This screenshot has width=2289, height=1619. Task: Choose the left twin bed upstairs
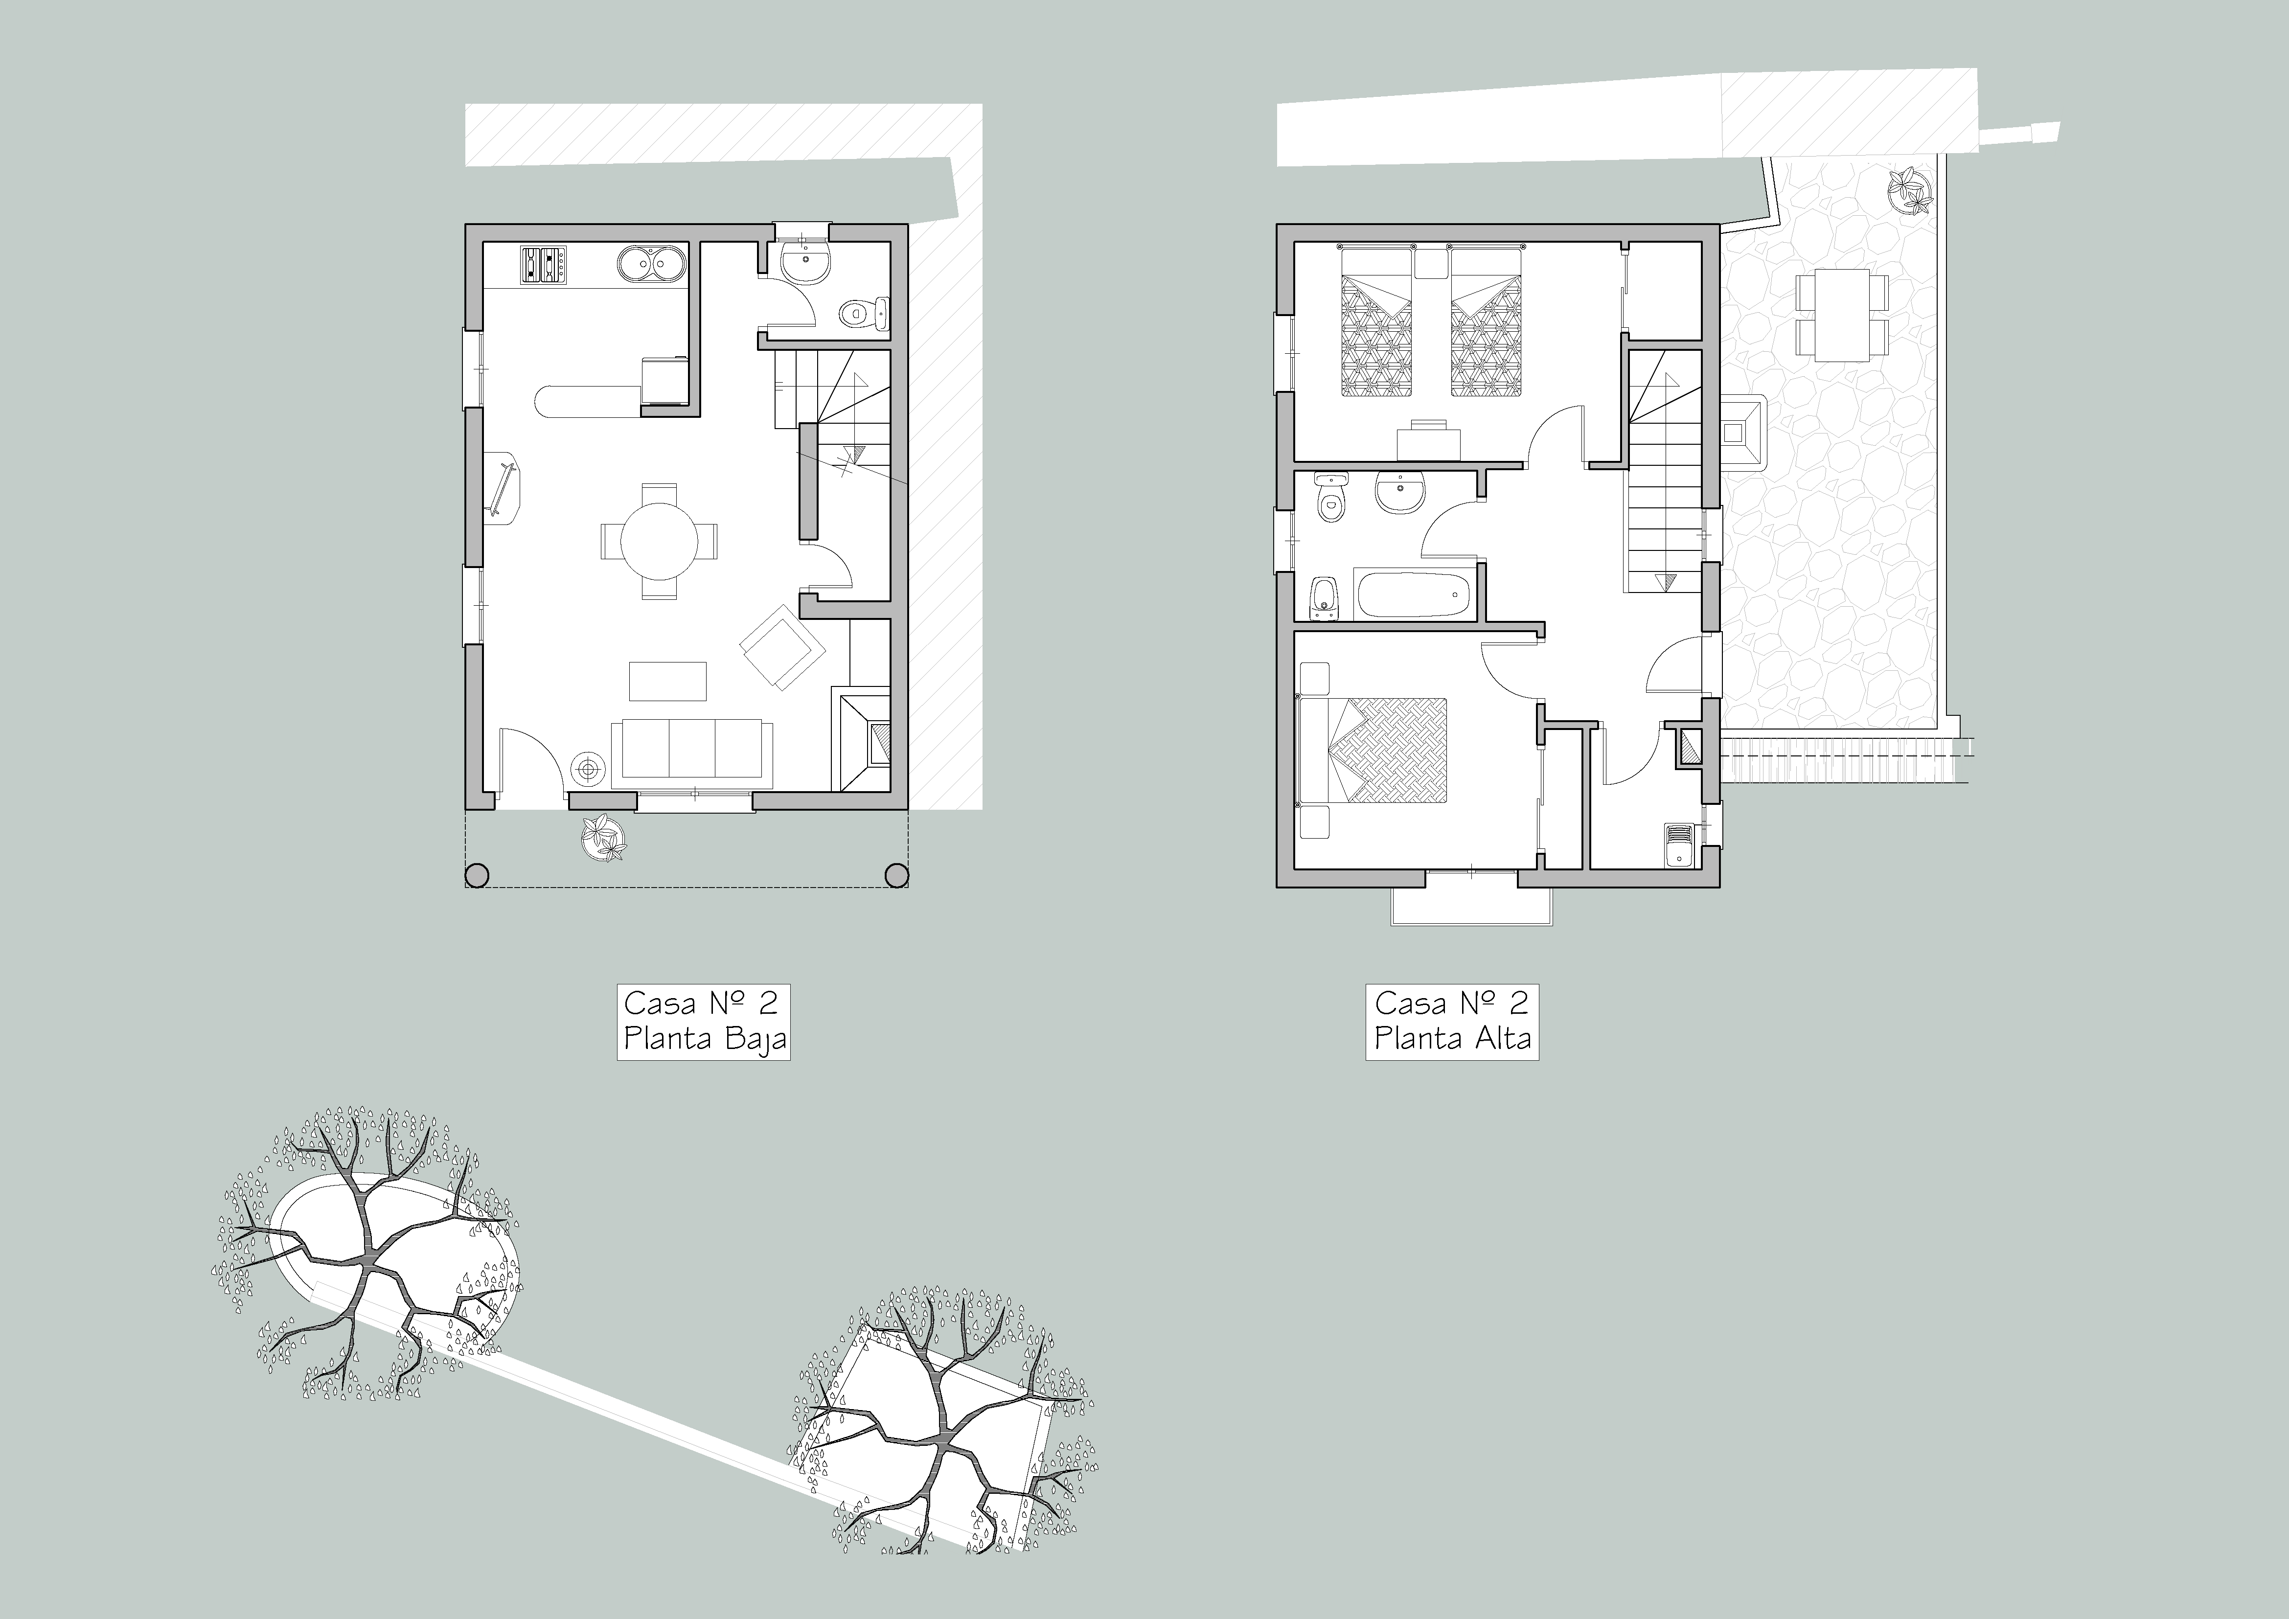pyautogui.click(x=1376, y=324)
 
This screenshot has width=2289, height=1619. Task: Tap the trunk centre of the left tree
pyautogui.click(x=371, y=1263)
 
